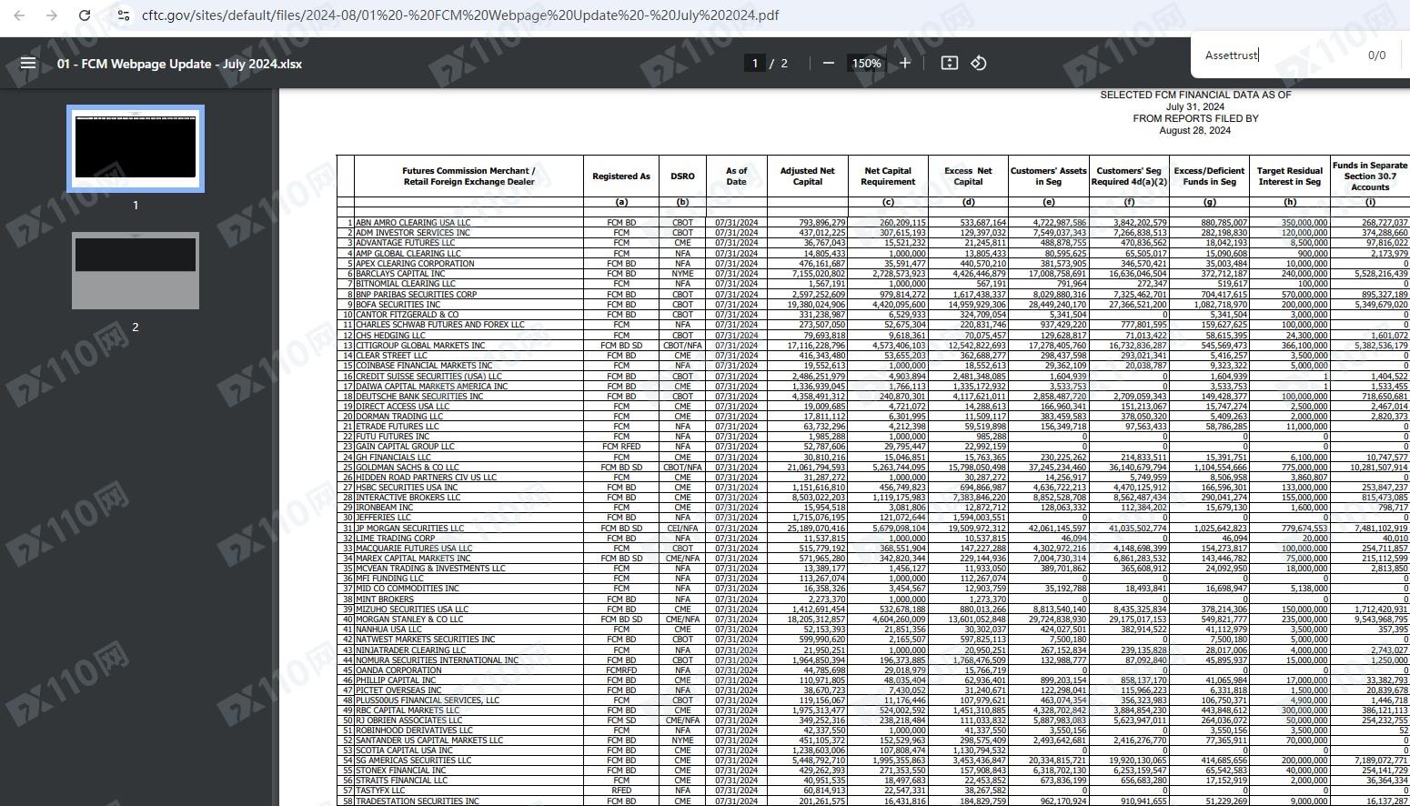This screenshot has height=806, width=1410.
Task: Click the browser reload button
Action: tap(85, 15)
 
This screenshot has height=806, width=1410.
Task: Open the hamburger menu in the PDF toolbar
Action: tap(28, 63)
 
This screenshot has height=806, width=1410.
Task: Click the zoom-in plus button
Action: tap(905, 63)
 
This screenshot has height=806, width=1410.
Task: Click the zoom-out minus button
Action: tap(828, 63)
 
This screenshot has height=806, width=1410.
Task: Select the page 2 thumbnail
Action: tap(136, 271)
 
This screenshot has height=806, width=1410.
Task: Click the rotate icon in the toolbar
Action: tap(979, 63)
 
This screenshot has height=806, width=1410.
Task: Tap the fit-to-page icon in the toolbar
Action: tap(949, 63)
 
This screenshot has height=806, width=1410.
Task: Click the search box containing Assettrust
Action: tap(1274, 55)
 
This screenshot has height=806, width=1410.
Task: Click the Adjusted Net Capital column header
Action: tap(807, 176)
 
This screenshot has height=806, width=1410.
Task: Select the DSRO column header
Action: tap(682, 176)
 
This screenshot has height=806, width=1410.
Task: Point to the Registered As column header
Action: tap(621, 176)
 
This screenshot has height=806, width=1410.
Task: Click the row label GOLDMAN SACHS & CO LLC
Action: tap(407, 468)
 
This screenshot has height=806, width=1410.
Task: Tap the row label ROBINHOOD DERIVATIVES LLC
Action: tap(414, 730)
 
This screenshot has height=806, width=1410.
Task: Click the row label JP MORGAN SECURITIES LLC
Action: tap(409, 529)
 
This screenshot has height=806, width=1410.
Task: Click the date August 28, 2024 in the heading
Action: tap(1194, 130)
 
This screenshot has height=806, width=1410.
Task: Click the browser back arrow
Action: tap(19, 15)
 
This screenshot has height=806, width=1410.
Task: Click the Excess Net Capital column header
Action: tap(968, 176)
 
